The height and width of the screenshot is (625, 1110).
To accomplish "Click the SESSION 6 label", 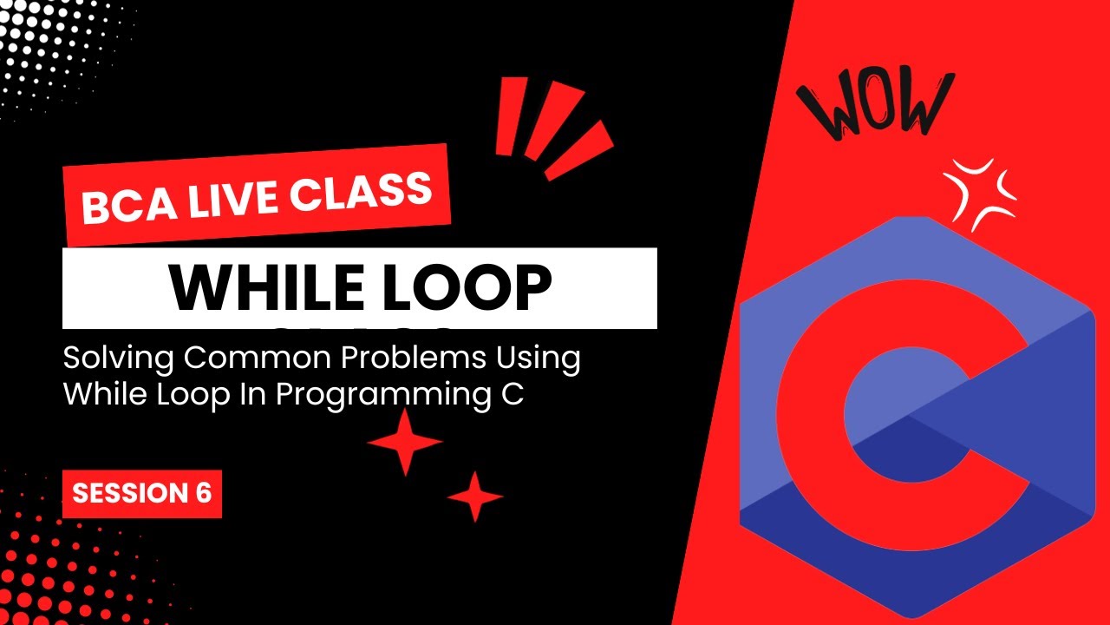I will (x=141, y=493).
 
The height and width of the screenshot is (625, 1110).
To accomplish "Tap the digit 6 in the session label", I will (x=203, y=493).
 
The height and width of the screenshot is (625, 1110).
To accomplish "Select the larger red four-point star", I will (x=404, y=442).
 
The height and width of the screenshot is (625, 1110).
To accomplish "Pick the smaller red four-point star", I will (x=475, y=497).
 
